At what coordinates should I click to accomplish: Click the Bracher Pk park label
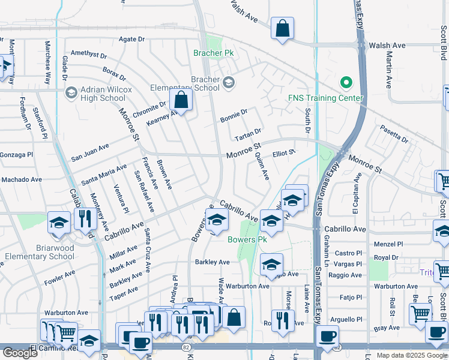pyautogui.click(x=213, y=53)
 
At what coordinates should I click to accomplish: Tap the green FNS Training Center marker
pyautogui.click(x=345, y=83)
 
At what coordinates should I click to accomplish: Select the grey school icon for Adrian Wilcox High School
pyautogui.click(x=71, y=93)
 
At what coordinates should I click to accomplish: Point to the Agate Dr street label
pyautogui.click(x=133, y=40)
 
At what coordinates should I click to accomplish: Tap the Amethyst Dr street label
pyautogui.click(x=88, y=55)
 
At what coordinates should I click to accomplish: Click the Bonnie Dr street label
pyautogui.click(x=234, y=113)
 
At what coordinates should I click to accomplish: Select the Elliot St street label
pyautogui.click(x=284, y=153)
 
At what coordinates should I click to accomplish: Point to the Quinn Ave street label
pyautogui.click(x=262, y=165)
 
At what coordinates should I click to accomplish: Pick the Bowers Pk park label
pyautogui.click(x=247, y=239)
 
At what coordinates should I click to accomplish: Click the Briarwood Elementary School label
pyautogui.click(x=39, y=252)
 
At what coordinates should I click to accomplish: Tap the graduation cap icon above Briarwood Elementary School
pyautogui.click(x=59, y=223)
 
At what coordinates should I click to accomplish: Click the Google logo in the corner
pyautogui.click(x=20, y=353)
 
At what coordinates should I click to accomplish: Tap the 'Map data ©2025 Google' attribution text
pyautogui.click(x=411, y=355)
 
